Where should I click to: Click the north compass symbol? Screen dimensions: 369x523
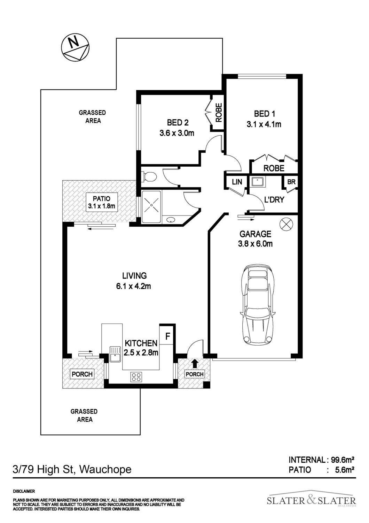[76, 49]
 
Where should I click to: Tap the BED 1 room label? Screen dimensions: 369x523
[264, 114]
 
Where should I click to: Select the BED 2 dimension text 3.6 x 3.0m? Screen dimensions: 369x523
[177, 133]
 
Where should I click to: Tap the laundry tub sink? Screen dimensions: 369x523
[257, 181]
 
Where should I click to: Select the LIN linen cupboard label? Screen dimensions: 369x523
[237, 182]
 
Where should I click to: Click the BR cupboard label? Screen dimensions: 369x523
[291, 182]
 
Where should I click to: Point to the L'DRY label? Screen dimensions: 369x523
[274, 200]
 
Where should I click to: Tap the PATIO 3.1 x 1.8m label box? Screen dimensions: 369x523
[102, 203]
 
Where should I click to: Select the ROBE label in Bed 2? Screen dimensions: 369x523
[218, 113]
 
